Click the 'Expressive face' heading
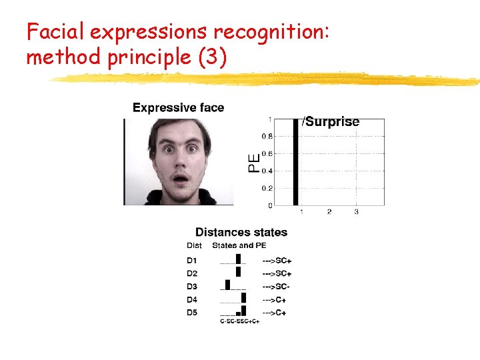178,107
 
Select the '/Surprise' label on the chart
331,122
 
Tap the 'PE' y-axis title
254,163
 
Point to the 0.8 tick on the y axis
267,137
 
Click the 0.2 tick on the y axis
267,188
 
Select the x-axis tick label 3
356,212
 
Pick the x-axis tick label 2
329,212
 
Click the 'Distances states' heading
241,233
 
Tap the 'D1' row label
192,260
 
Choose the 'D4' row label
192,299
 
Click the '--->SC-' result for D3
276,287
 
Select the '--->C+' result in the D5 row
274,313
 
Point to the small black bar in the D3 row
227,285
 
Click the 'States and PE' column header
239,245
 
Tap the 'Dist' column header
194,245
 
